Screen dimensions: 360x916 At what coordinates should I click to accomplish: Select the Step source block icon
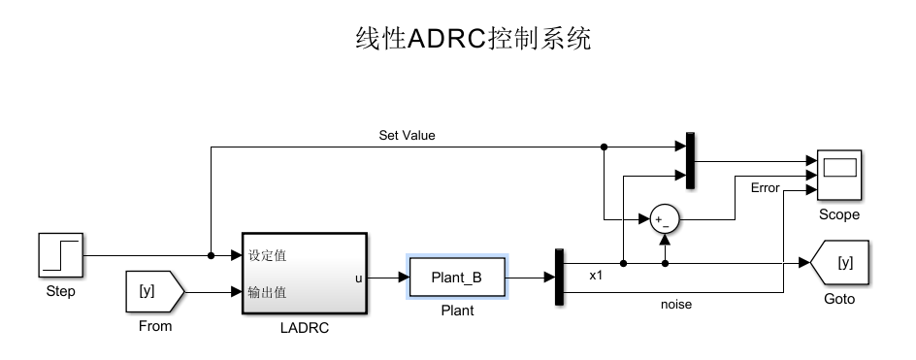[60, 256]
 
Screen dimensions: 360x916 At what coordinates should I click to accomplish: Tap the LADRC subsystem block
[304, 274]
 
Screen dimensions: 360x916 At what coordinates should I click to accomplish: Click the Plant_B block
[456, 278]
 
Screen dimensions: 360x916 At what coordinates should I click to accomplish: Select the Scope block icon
[838, 176]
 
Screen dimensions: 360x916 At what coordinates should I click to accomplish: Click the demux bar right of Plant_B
[559, 278]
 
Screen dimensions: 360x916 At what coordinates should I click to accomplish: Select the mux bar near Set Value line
[690, 161]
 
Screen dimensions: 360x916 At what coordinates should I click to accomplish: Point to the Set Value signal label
[407, 136]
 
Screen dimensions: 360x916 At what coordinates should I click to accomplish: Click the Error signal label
[765, 188]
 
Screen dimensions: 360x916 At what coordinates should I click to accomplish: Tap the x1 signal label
[596, 276]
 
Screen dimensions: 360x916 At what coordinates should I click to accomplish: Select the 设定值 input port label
[267, 256]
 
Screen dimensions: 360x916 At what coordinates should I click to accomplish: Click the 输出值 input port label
[267, 292]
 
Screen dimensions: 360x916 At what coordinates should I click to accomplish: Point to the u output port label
[359, 278]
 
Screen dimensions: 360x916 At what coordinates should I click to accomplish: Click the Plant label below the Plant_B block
[457, 311]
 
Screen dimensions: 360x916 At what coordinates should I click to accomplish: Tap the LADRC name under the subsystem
[304, 328]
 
